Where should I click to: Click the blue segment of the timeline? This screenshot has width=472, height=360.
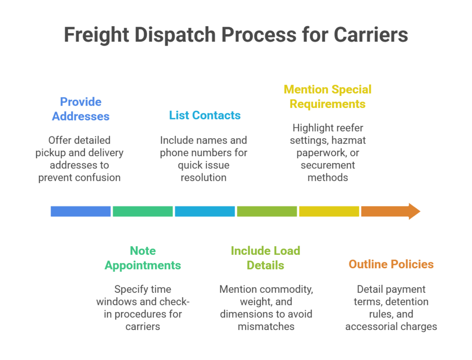point(81,211)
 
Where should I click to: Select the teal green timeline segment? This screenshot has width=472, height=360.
point(143,211)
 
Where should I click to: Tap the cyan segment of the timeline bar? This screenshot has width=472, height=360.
point(205,211)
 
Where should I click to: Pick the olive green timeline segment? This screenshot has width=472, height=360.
point(267,211)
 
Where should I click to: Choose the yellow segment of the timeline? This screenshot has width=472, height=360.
point(329,211)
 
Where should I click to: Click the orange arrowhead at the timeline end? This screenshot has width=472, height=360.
point(413,211)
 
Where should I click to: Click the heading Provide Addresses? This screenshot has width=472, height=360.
point(81,109)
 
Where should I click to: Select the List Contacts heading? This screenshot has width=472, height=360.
point(205,115)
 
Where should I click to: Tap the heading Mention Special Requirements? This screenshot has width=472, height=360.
point(328,96)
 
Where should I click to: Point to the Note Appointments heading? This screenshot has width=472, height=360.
point(143,258)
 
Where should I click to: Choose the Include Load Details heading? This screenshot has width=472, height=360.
point(265,258)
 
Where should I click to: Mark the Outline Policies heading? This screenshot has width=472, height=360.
point(391,264)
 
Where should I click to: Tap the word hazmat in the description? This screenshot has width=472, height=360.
point(348,140)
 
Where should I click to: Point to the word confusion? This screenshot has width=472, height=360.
point(99,177)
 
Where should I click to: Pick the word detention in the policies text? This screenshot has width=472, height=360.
point(407,301)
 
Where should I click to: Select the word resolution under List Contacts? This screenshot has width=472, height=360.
point(204,177)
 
